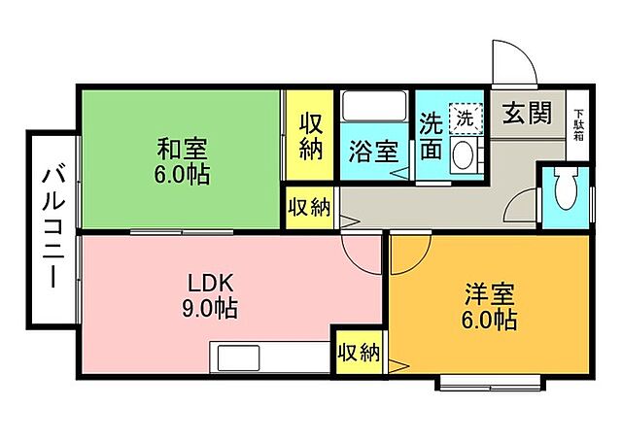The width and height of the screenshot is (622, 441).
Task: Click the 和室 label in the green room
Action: coord(182,150)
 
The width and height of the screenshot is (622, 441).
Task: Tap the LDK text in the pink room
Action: coord(210,285)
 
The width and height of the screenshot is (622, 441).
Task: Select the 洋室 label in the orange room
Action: coord(490,294)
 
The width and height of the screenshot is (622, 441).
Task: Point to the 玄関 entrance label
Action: coord(527,113)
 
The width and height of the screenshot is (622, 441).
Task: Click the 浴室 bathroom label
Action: coord(373,152)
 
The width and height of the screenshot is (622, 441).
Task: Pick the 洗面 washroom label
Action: coord(432,135)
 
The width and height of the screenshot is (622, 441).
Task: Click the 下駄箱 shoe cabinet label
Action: coord(579,124)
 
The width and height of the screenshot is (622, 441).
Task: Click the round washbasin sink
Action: coord(462,155)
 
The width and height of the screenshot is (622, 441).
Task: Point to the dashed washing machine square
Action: coord(466,119)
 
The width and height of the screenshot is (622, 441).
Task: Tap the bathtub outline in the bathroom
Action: coord(374,106)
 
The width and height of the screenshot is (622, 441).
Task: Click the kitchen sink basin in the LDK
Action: coord(238,357)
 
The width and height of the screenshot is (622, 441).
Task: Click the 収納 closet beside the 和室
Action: coord(310,136)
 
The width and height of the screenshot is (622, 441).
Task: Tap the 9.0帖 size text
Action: coord(210,308)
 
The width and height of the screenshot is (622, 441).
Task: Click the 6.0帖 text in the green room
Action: coord(182,173)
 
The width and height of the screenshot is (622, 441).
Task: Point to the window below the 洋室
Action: coord(490,384)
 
